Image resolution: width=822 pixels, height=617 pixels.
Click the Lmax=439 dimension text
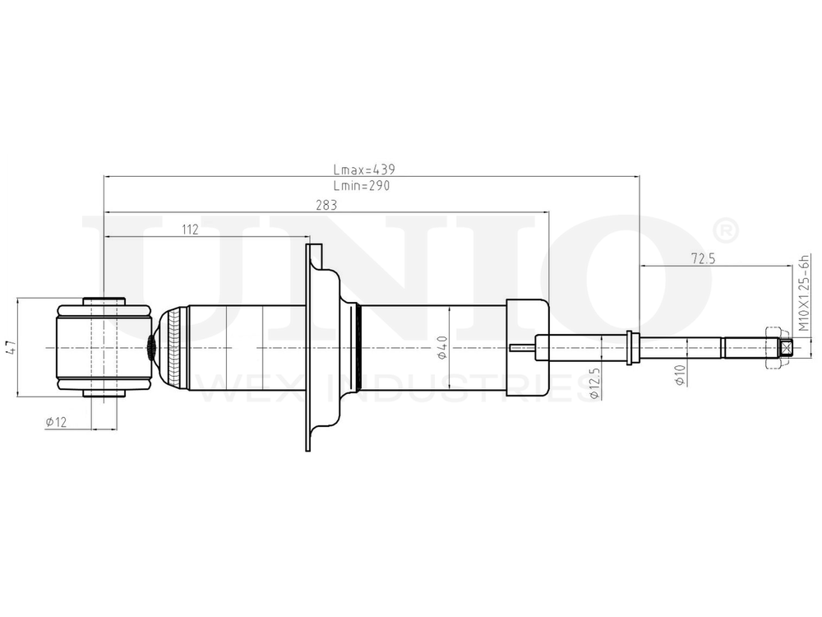(365, 169)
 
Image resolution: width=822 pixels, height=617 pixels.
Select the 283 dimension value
(326, 206)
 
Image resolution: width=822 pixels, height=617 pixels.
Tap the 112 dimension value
(190, 230)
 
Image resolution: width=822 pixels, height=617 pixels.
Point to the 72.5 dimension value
(704, 259)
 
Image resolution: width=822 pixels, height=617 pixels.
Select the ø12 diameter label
(57, 421)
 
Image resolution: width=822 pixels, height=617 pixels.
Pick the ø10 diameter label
(679, 375)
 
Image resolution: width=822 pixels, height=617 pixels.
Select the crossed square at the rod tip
(787, 349)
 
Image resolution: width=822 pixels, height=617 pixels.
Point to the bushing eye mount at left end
(104, 348)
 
